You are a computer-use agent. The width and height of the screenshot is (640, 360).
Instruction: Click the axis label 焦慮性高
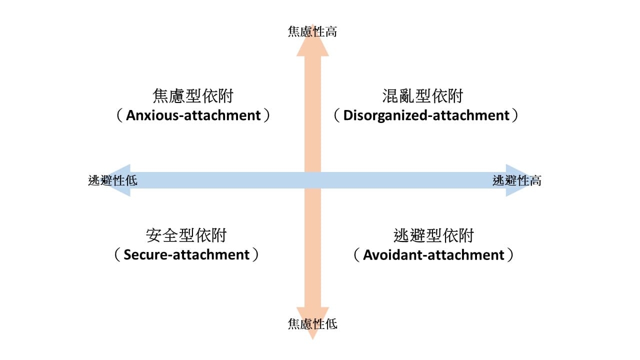[x=312, y=31]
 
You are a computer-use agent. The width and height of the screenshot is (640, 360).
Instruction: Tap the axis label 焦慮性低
[x=312, y=324]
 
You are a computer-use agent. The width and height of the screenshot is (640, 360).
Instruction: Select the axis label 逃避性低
[x=112, y=180]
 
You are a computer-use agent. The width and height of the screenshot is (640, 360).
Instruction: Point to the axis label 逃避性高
[x=517, y=180]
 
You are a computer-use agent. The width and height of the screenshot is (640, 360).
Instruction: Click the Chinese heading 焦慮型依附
[x=193, y=95]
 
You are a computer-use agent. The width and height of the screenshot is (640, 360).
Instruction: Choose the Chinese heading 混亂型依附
[x=422, y=95]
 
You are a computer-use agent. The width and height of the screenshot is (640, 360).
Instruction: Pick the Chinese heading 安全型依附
[x=186, y=235]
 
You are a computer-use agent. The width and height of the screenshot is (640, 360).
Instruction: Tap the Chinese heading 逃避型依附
[x=433, y=235]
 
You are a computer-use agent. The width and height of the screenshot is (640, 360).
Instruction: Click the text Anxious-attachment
[x=193, y=115]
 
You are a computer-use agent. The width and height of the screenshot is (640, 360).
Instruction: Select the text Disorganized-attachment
[x=426, y=115]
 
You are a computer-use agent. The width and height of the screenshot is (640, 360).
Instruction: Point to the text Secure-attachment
[x=186, y=255]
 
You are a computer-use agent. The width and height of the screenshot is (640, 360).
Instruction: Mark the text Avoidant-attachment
[x=433, y=255]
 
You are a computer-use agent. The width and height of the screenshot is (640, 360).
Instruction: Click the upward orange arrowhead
[x=312, y=41]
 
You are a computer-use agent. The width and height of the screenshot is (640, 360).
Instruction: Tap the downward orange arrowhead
[x=312, y=323]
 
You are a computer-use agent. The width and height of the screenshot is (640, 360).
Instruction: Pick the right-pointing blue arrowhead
[x=517, y=180]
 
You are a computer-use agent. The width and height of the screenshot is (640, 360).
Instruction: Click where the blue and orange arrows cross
[x=312, y=180]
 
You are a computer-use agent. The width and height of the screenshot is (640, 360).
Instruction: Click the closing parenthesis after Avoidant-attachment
[x=510, y=255]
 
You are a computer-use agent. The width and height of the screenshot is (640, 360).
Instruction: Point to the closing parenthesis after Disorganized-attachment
[x=515, y=115]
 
